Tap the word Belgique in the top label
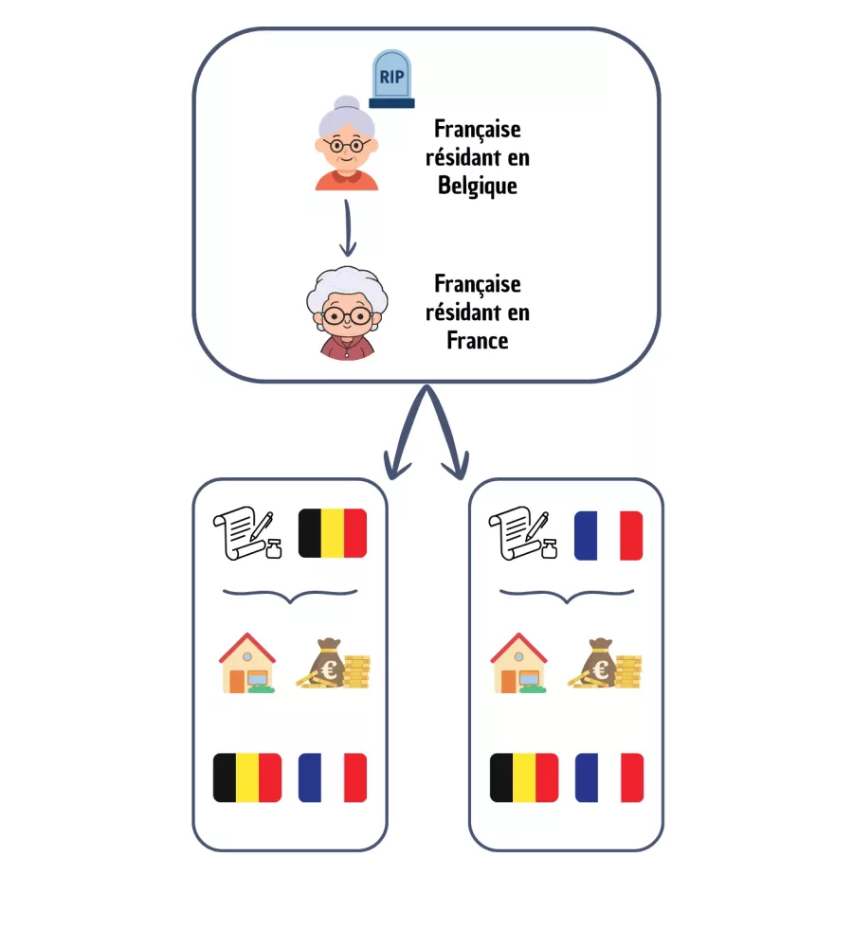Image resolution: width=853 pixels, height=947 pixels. tap(478, 185)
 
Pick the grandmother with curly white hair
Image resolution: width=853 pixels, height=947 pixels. tap(347, 313)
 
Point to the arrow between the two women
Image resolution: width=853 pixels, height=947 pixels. tap(348, 227)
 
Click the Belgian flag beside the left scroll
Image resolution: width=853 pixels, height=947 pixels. tap(332, 534)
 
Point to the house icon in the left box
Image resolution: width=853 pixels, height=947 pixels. tap(248, 663)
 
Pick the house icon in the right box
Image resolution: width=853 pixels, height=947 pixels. tap(519, 663)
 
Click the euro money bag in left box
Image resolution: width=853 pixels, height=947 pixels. tap(332, 663)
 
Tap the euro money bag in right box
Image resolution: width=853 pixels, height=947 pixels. tap(606, 663)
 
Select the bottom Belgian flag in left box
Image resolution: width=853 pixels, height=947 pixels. tap(247, 777)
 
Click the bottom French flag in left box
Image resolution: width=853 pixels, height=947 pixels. tap(333, 777)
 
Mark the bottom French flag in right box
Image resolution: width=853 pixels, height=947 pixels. tap(608, 777)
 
